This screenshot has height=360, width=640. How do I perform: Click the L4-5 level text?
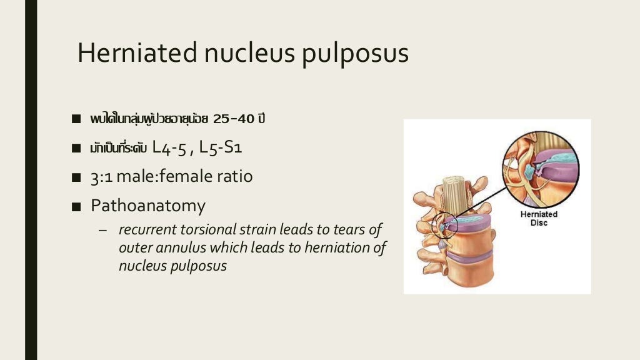click(171, 148)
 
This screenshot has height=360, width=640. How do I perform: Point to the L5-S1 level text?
click(221, 148)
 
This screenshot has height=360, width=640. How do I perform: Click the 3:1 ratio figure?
click(101, 177)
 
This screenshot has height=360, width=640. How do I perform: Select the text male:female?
click(157, 177)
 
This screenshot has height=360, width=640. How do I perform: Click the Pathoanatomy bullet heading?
click(147, 205)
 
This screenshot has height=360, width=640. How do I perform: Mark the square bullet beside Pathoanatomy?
click(76, 206)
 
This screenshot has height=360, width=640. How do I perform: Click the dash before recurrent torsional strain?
click(103, 229)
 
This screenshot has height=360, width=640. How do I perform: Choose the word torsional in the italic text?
click(212, 229)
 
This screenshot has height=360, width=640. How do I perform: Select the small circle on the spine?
click(445, 224)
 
